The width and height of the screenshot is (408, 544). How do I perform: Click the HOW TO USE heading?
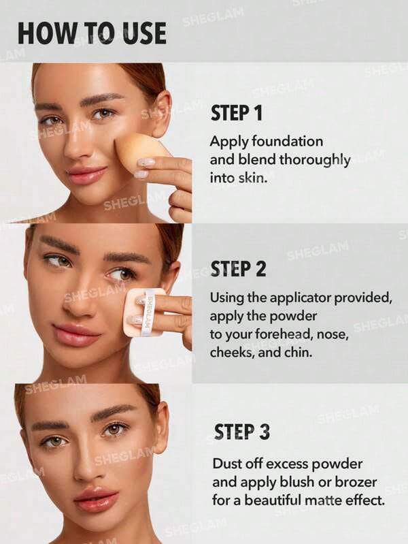(91, 33)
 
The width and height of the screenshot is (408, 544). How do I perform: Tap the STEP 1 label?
(236, 113)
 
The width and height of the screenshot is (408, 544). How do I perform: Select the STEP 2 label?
(238, 269)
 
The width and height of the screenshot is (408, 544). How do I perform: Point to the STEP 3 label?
(241, 432)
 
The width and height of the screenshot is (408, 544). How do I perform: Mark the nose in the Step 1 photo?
(81, 140)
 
